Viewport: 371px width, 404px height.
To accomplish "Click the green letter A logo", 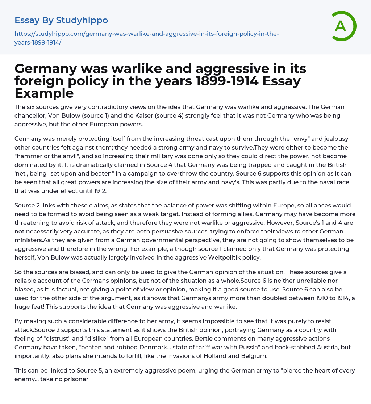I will click(341, 26).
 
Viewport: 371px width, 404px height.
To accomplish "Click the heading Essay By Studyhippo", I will click(61, 20).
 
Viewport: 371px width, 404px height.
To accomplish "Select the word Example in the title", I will click(44, 93).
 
